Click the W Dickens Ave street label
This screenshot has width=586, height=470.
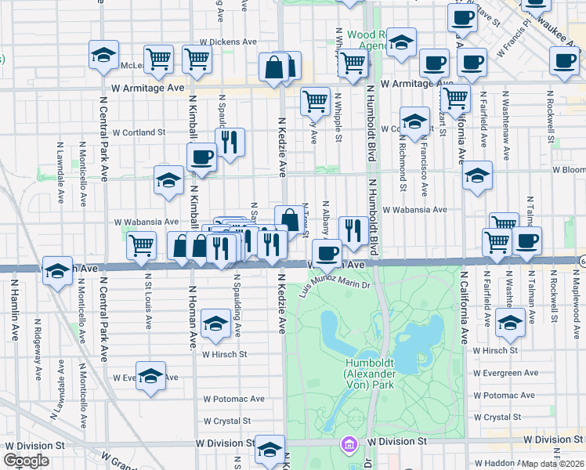pos(228,42)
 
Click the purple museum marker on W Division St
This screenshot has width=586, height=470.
pos(347,444)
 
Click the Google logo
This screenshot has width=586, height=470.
pos(26,461)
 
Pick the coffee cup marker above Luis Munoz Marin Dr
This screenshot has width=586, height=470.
pos(327,252)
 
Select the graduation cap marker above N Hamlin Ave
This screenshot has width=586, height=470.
pos(56,270)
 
